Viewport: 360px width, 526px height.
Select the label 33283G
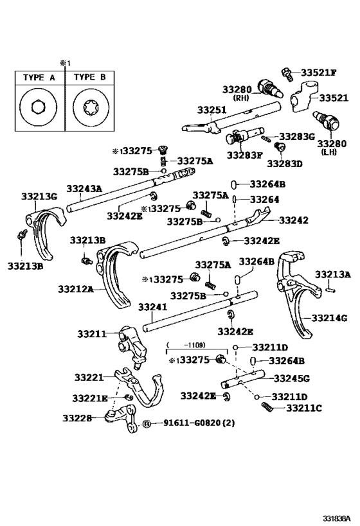[296, 137]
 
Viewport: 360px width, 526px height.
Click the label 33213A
[333, 275]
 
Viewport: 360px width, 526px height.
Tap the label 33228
[78, 418]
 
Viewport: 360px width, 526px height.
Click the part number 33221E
[90, 398]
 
